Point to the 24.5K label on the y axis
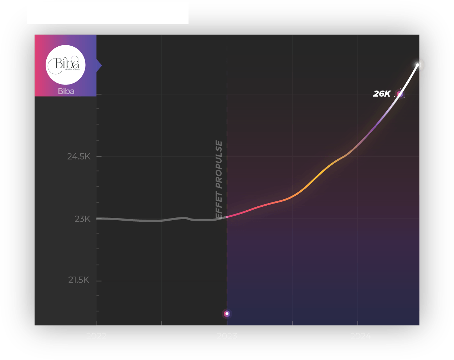pos(79,156)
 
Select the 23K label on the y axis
pos(82,219)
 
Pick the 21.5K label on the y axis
pos(79,280)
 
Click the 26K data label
pos(382,94)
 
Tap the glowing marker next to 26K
pos(400,94)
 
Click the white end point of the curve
pos(418,65)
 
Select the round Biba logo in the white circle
pos(66,65)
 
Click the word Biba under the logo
pos(66,91)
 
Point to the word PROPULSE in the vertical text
pos(219,164)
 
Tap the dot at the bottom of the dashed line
pos(227,314)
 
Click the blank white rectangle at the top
pos(108,13)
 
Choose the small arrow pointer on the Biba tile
pos(99,65)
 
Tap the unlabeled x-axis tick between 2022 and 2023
pos(162,323)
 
